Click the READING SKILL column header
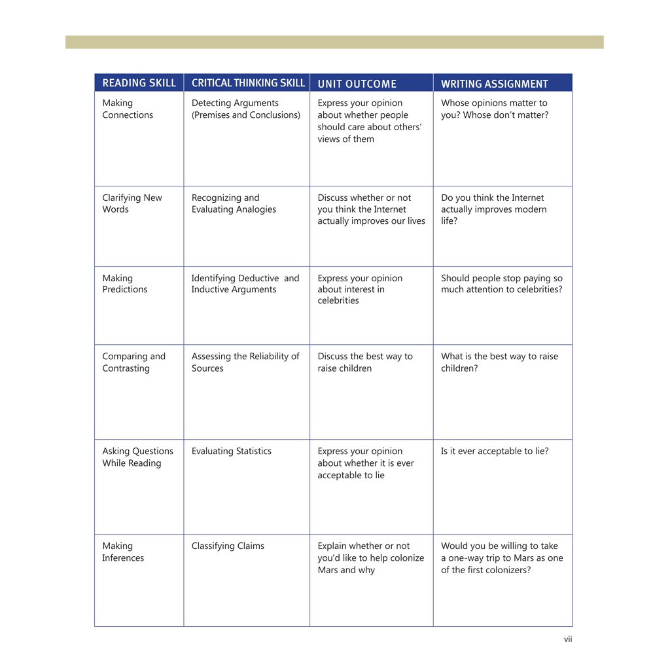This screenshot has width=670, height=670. (x=139, y=83)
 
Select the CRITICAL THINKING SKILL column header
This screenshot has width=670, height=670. (x=248, y=83)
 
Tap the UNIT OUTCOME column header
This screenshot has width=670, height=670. (x=357, y=84)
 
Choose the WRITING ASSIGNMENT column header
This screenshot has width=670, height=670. (x=494, y=84)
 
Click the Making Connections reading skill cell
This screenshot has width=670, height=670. (x=128, y=109)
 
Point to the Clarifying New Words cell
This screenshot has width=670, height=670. (x=132, y=203)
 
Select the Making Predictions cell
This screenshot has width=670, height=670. (x=124, y=284)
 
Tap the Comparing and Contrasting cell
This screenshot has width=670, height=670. (x=133, y=362)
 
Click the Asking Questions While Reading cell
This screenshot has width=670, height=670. (x=137, y=457)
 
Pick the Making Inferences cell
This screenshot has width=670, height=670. (x=123, y=552)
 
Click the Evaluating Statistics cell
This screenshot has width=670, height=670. (x=231, y=451)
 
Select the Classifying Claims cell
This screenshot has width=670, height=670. (x=228, y=546)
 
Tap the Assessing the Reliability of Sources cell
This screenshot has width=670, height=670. (x=245, y=362)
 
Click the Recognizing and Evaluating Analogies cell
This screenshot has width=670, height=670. (x=234, y=203)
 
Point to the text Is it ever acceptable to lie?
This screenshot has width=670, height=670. (x=495, y=451)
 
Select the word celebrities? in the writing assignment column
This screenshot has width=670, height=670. (x=534, y=290)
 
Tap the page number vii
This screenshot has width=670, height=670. (x=568, y=639)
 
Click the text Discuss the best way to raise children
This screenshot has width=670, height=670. (x=365, y=362)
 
